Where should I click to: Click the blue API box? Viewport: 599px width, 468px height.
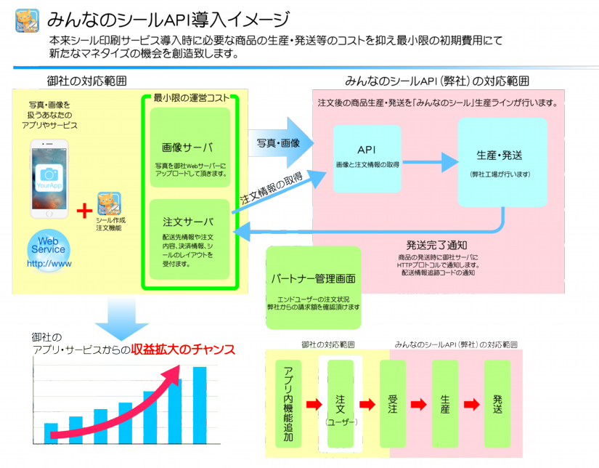[x=367, y=158]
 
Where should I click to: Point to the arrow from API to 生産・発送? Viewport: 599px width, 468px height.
[x=429, y=160]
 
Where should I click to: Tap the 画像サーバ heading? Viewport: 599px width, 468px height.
[x=188, y=148]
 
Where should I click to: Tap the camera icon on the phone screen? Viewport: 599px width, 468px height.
[x=49, y=174]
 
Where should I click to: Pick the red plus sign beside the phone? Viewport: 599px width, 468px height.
[x=84, y=211]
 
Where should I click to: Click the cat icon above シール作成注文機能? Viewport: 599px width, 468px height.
[x=110, y=204]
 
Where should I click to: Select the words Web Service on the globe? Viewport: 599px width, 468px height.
[x=48, y=244]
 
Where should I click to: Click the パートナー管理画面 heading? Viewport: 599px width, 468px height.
[x=313, y=278]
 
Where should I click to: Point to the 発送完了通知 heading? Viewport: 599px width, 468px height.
[x=436, y=245]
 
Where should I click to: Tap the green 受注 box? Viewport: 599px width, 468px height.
[x=393, y=404]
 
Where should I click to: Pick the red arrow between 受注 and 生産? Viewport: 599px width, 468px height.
[x=419, y=405]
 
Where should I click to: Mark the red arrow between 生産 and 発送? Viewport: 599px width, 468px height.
[x=471, y=405]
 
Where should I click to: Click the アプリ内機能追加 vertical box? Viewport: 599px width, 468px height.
[x=288, y=404]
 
